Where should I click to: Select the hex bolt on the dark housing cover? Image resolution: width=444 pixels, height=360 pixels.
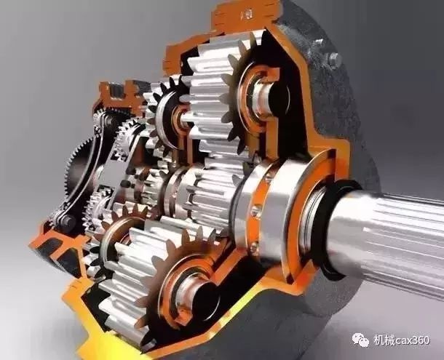333,59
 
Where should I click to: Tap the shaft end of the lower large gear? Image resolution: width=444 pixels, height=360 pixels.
195,288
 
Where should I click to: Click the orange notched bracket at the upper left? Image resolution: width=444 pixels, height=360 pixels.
121,94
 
